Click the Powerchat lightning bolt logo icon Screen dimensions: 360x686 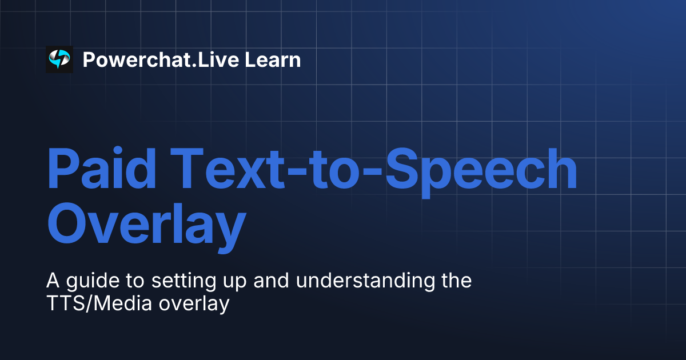point(59,59)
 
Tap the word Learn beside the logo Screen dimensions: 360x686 point(273,59)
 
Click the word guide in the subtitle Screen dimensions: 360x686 point(86,282)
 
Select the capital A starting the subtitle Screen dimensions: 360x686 point(52,281)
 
